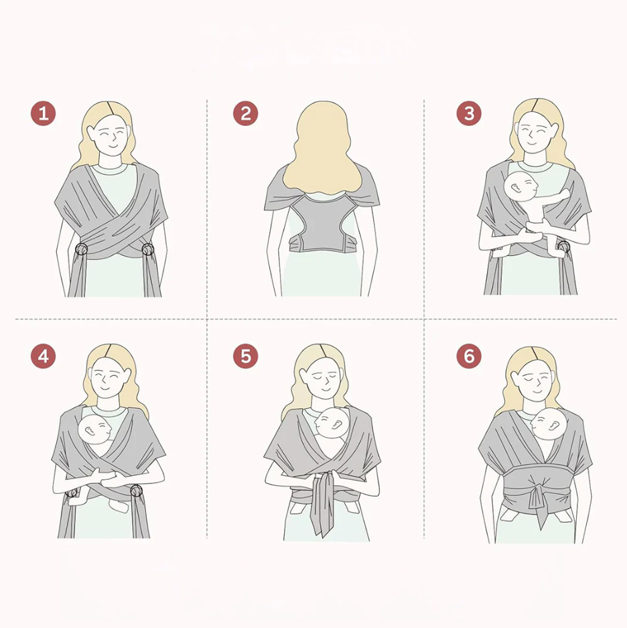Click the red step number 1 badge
click(44, 113)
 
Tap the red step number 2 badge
click(245, 113)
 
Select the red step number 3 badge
click(469, 113)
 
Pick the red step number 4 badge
click(44, 356)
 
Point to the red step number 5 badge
click(245, 356)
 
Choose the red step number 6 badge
click(469, 356)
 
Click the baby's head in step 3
click(520, 186)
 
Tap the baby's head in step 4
click(95, 430)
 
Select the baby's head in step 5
click(332, 423)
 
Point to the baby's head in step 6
click(549, 424)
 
